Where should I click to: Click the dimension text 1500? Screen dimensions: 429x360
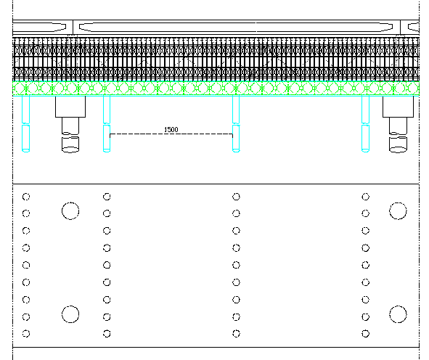coord(171,129)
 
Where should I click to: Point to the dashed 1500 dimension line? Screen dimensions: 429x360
coord(171,134)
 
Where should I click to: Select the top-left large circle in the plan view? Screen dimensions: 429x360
coord(70,211)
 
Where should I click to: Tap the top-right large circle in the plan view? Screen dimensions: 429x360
coord(398,211)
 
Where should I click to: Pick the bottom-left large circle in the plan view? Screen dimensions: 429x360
coord(70,314)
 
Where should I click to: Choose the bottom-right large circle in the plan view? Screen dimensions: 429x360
coord(398,314)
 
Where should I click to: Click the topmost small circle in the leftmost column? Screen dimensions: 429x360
coord(26,197)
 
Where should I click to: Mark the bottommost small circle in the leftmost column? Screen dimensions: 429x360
coord(26,334)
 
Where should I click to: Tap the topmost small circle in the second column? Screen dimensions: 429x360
coord(107,197)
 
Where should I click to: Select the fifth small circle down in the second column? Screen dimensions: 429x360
coord(107,265)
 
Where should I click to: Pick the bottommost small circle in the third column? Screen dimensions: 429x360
coord(236,334)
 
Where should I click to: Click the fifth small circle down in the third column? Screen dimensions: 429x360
coord(236,265)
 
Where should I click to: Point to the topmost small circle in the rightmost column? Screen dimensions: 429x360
coord(366,197)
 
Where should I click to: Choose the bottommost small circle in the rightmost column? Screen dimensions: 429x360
coord(366,334)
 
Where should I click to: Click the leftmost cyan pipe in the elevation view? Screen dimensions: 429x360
coord(25,123)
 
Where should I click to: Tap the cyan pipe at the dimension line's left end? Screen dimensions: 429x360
coord(107,123)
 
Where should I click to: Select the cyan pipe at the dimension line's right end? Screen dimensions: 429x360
coord(236,123)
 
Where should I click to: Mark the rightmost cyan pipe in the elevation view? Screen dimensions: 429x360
coord(366,123)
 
